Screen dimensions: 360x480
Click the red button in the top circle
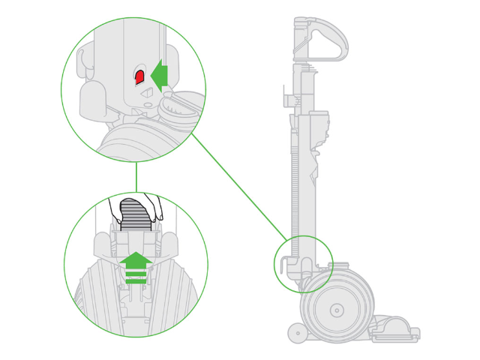(139, 76)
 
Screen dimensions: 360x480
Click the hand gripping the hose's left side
(118, 208)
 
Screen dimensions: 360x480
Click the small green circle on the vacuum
(303, 263)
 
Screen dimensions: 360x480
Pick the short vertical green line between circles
(136, 177)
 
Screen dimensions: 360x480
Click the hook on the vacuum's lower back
(283, 265)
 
